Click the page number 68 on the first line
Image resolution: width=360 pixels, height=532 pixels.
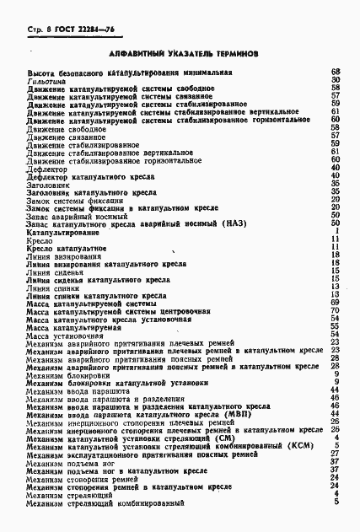coord(335,73)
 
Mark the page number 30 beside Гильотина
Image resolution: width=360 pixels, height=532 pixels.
coord(335,81)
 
